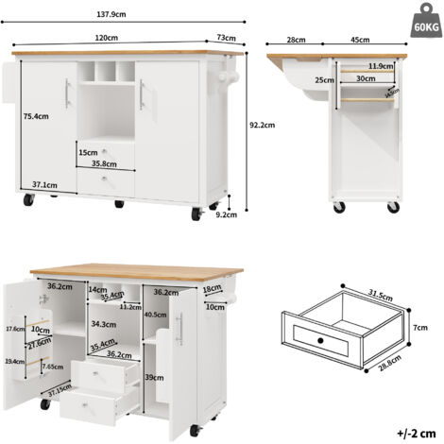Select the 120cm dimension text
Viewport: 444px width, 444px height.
(x=106, y=38)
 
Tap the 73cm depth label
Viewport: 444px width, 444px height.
(x=226, y=38)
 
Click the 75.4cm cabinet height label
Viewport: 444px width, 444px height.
(x=35, y=118)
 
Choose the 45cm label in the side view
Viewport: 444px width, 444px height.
(x=359, y=41)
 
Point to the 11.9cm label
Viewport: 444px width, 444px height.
(x=382, y=66)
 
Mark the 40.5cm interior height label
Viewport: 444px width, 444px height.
(x=156, y=316)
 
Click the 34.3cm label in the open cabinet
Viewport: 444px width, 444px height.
(x=103, y=324)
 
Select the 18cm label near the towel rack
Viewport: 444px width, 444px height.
(x=212, y=289)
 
